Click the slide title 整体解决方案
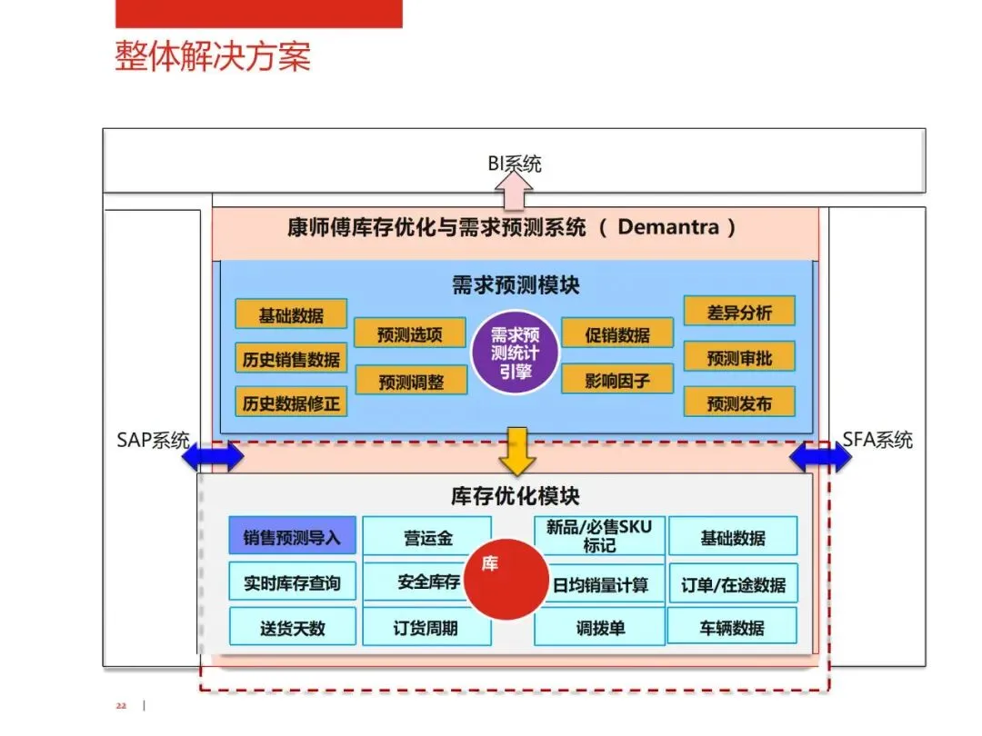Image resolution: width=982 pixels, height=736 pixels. [x=213, y=55]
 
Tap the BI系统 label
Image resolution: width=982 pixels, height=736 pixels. [x=515, y=164]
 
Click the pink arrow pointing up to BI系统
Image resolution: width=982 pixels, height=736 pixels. [x=515, y=191]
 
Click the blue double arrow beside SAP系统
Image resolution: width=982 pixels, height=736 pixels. [x=213, y=457]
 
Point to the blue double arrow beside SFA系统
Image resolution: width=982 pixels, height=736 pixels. [x=820, y=457]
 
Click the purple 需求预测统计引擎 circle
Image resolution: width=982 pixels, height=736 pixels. [x=515, y=353]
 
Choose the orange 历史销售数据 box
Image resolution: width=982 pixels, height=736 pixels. [x=291, y=359]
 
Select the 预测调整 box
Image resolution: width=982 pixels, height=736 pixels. [x=411, y=382]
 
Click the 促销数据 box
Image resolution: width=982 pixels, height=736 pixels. [x=617, y=334]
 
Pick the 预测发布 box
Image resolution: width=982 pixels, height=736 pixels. [x=739, y=403]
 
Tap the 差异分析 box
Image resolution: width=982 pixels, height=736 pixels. [x=739, y=313]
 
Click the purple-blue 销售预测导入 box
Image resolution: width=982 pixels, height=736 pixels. [x=292, y=537]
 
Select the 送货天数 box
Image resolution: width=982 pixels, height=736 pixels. [x=292, y=628]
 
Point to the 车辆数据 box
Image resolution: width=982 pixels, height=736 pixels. [x=732, y=627]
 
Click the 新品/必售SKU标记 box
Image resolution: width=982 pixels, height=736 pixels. [x=599, y=536]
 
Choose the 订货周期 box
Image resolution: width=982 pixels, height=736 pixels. [x=426, y=628]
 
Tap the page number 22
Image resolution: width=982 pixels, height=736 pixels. [x=120, y=706]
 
